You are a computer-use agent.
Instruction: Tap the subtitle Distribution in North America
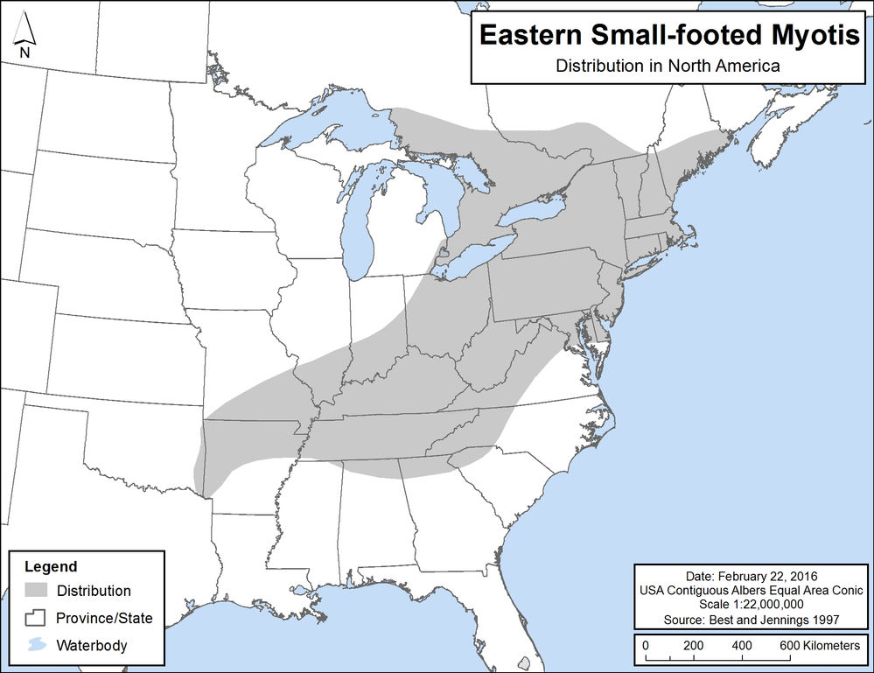click(x=668, y=66)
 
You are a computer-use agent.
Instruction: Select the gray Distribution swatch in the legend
click(x=36, y=591)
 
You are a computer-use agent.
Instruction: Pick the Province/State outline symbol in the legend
click(x=36, y=618)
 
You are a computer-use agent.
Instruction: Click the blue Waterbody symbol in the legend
click(x=36, y=646)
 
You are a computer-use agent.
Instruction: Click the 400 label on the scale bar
click(x=741, y=645)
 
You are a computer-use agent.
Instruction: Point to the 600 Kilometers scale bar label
click(x=810, y=645)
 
